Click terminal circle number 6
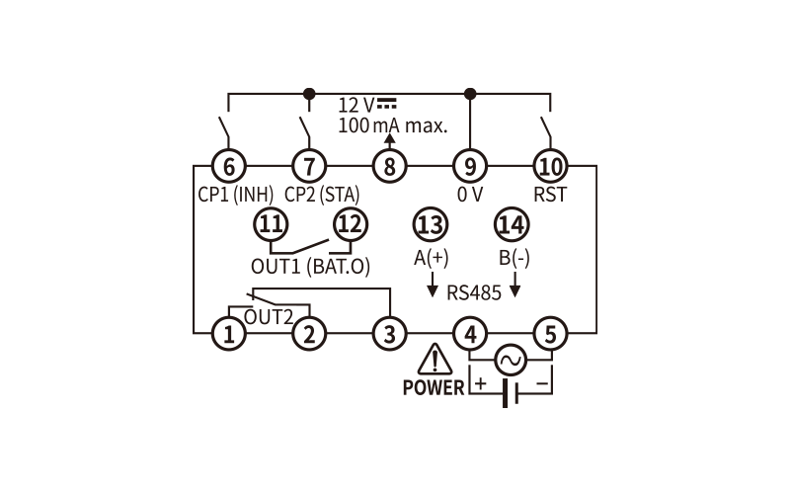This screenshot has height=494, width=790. point(229,166)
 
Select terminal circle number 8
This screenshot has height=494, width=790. point(389,166)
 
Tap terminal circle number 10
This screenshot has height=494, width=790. point(551,166)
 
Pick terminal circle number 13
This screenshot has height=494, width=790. point(431,224)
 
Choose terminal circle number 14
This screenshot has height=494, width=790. point(512,224)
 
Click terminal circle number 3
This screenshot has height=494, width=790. point(389,333)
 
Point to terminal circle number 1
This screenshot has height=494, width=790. point(229,333)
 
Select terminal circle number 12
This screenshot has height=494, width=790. point(351,224)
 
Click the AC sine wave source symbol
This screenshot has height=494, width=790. point(511,360)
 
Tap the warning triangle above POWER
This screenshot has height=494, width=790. point(434,359)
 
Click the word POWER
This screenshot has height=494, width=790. point(434,387)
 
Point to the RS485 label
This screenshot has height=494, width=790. point(474,292)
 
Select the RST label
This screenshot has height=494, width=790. point(550,194)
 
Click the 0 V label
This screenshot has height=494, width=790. point(470,194)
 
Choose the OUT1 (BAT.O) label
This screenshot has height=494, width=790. point(310,266)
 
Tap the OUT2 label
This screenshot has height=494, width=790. point(268,317)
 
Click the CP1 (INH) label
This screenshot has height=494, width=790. point(236,194)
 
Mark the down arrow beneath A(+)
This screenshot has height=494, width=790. point(433,285)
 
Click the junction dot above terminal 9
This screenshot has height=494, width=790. point(470,94)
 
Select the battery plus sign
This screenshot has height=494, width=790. point(481,383)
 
